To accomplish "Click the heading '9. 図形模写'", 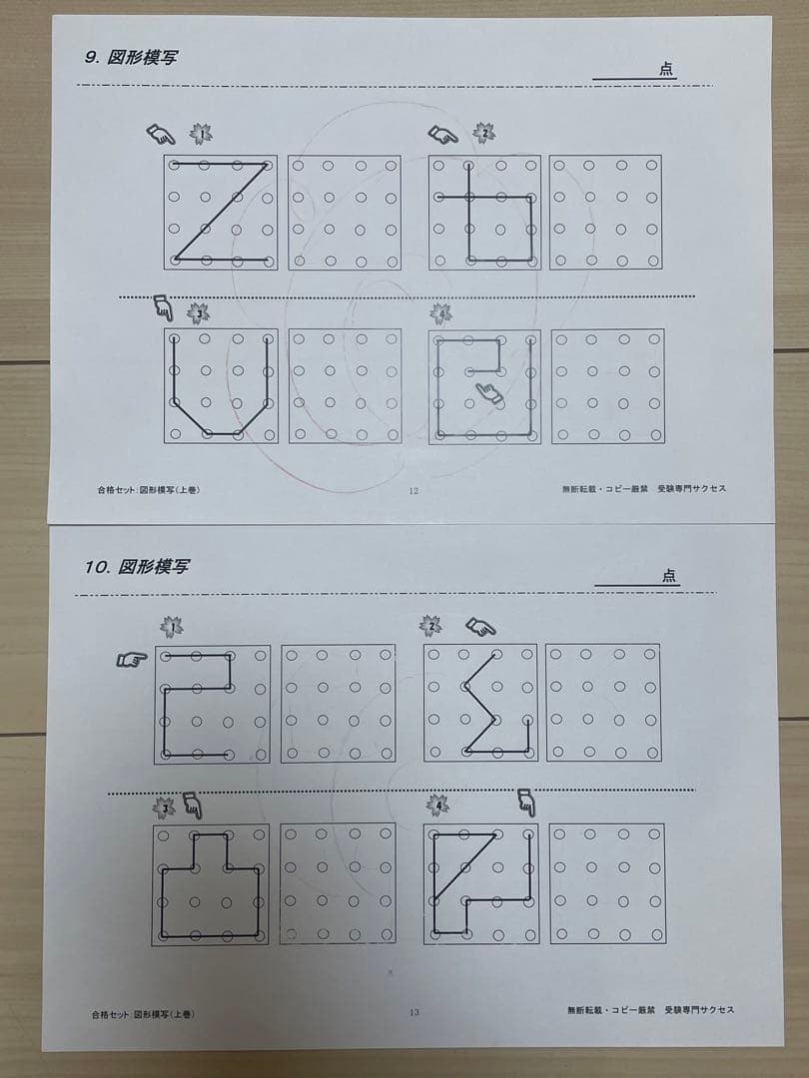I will (x=132, y=57).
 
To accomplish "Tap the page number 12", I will (x=413, y=490).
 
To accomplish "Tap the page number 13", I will (x=413, y=1012).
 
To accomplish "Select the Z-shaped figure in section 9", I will (x=222, y=212).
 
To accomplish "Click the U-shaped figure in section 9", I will (x=222, y=386).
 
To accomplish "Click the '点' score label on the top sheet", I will (x=666, y=69).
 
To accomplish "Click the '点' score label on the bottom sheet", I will (x=668, y=576).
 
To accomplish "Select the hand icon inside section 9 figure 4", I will (x=490, y=394).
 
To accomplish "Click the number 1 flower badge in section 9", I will (x=201, y=134).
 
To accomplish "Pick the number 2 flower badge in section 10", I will (x=431, y=626).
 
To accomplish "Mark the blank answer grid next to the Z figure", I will (x=345, y=212).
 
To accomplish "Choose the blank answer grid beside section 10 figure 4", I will (x=606, y=883).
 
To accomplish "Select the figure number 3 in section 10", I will (x=212, y=883).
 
